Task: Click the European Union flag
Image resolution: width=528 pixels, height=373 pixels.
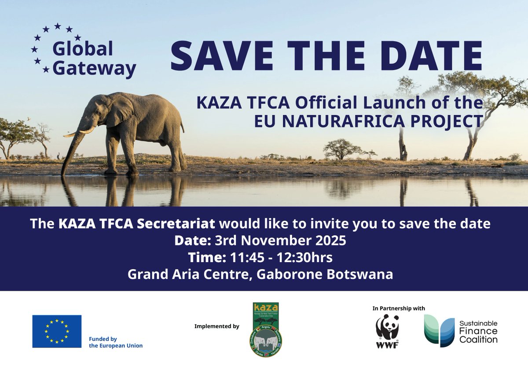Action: [x=57, y=331]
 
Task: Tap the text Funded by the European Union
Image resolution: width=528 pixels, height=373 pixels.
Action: [x=115, y=342]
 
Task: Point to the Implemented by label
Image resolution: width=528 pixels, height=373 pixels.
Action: [x=216, y=326]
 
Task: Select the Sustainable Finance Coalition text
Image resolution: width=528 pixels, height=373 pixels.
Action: [x=478, y=332]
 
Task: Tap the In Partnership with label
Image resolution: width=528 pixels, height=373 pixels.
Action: [x=399, y=308]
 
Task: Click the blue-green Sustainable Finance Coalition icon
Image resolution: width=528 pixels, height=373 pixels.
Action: [x=439, y=331]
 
